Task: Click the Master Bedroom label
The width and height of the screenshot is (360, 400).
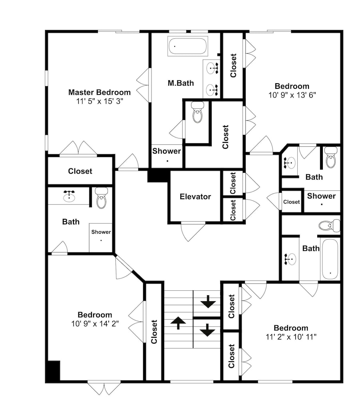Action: pos(99,92)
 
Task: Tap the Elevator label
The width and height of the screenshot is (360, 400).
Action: pos(195,196)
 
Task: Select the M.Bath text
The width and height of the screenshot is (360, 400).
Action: pos(181,83)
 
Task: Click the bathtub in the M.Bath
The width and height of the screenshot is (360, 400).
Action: pos(188,46)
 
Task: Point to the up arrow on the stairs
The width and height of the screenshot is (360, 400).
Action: pos(178,323)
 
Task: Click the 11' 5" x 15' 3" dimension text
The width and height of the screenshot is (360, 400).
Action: pos(99,101)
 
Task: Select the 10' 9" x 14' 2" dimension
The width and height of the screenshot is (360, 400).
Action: pos(95,324)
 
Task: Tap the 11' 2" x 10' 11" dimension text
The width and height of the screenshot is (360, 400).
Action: pos(291,337)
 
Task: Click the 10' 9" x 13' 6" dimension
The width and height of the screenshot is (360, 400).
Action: pos(292,95)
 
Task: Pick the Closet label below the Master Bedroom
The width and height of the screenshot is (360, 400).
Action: pos(80,171)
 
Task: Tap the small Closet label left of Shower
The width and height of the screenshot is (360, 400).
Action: pos(291,202)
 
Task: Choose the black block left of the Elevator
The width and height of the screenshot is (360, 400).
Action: pos(158,176)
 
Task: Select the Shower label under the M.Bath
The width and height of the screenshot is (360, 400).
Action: pos(167,151)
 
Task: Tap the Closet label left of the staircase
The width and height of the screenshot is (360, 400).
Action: pos(154,332)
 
